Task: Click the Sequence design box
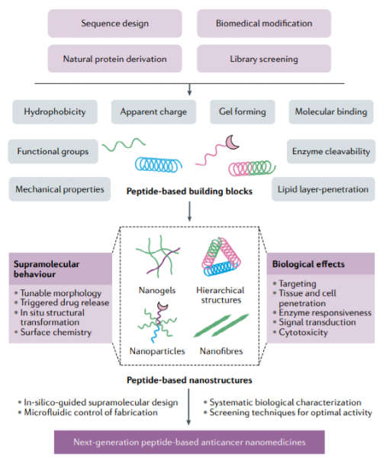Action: pyautogui.click(x=114, y=24)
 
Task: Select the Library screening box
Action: pyautogui.click(x=264, y=59)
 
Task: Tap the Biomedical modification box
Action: pyautogui.click(x=264, y=24)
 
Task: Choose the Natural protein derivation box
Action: pyautogui.click(x=114, y=59)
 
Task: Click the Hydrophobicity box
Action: pyautogui.click(x=55, y=112)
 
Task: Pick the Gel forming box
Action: pyautogui.click(x=243, y=112)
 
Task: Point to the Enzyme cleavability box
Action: pyautogui.click(x=331, y=151)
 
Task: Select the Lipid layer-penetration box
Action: pyautogui.click(x=324, y=189)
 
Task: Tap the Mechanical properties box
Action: pyautogui.click(x=60, y=189)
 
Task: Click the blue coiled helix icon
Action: pyautogui.click(x=158, y=165)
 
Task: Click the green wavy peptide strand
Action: pyautogui.click(x=124, y=144)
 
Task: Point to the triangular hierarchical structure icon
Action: pyautogui.click(x=221, y=257)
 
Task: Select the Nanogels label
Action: pyautogui.click(x=157, y=290)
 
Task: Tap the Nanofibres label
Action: pyautogui.click(x=221, y=351)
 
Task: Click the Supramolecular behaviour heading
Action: pyautogui.click(x=47, y=269)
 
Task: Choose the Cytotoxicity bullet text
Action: pyautogui.click(x=303, y=332)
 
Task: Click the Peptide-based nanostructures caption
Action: pyautogui.click(x=189, y=380)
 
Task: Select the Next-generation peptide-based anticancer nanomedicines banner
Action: pyautogui.click(x=189, y=443)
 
